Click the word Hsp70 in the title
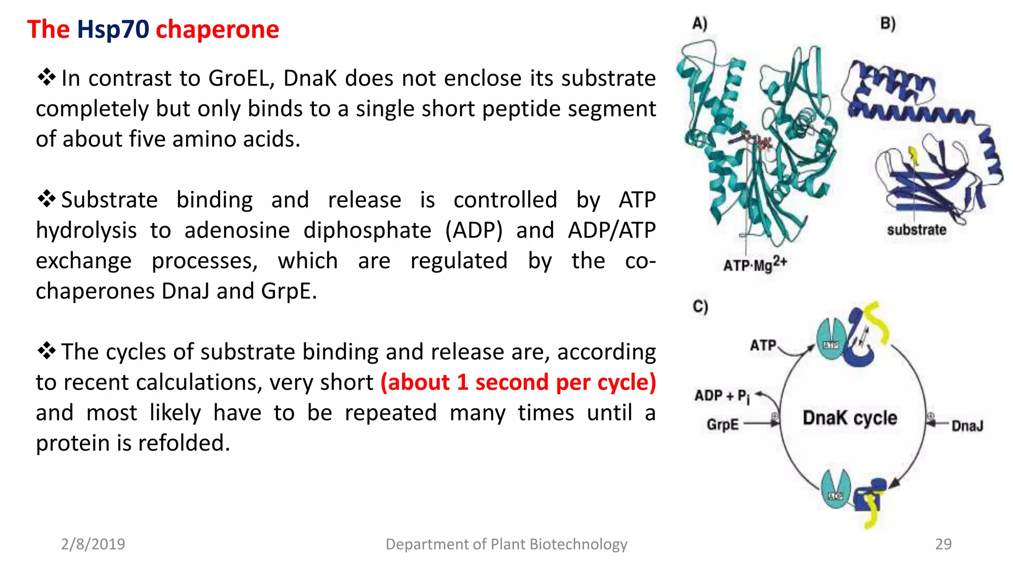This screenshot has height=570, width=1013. (113, 29)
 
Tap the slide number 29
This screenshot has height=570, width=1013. (943, 544)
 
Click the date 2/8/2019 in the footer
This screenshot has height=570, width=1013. (93, 544)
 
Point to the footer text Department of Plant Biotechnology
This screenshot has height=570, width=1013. (506, 544)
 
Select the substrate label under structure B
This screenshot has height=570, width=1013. (916, 230)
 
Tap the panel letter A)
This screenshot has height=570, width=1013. (699, 23)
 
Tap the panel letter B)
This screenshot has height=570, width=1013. (888, 23)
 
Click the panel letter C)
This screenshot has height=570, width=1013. (700, 307)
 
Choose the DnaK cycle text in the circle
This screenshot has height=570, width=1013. (849, 418)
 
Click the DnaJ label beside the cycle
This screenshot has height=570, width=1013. (967, 426)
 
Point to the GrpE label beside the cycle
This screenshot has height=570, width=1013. (722, 424)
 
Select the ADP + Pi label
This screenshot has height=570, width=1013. (722, 396)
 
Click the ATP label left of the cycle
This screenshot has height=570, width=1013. (763, 345)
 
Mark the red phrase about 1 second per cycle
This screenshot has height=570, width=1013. (518, 382)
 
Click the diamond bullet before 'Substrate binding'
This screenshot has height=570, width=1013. (46, 199)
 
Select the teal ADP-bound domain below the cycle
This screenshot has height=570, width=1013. (835, 490)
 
